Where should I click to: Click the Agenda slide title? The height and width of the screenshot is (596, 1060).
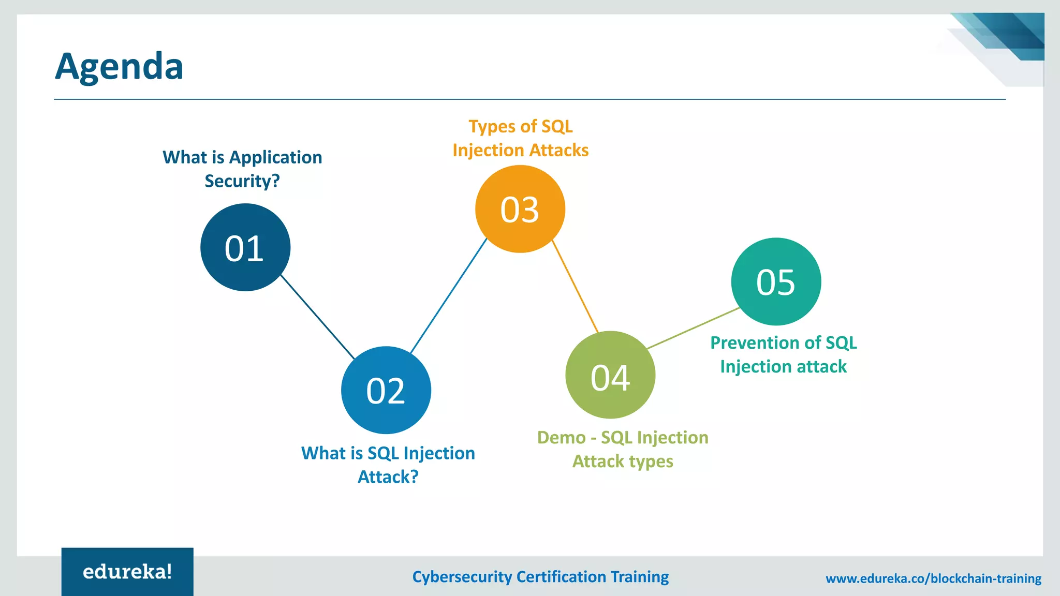(119, 66)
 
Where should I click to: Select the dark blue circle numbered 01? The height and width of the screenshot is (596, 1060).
(245, 247)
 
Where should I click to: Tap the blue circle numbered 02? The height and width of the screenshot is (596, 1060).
(386, 390)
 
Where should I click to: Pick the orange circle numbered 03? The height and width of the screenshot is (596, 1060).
(520, 209)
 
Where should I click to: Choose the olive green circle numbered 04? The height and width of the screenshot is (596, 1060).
(610, 375)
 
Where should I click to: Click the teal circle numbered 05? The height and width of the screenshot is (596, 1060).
(776, 281)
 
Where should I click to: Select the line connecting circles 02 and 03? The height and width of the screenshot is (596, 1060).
(449, 296)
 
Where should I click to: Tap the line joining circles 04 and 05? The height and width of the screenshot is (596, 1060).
(694, 328)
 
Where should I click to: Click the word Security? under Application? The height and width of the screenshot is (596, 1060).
(242, 181)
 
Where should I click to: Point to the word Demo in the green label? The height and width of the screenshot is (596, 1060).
(561, 438)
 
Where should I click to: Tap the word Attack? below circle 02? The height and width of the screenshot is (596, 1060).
(388, 477)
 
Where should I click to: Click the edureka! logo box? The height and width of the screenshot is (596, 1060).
(127, 572)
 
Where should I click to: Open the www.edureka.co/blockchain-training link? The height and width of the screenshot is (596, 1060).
(933, 578)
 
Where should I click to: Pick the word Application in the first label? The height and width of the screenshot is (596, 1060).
(275, 157)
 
